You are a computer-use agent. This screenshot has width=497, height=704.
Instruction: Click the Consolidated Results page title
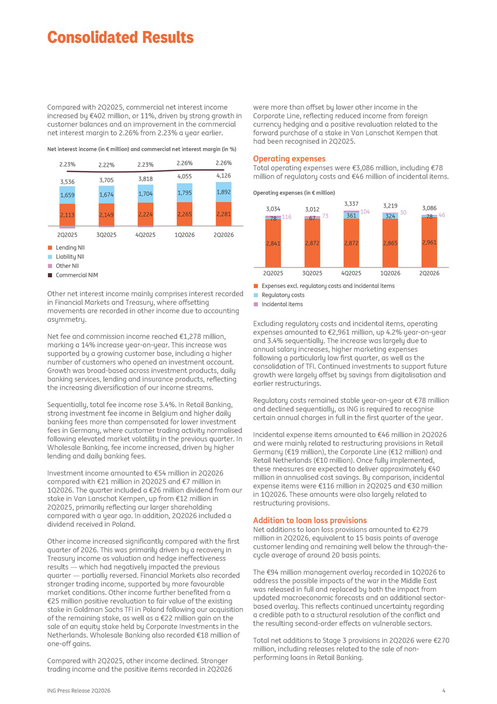(x=120, y=37)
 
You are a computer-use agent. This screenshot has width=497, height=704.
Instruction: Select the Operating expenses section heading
(x=289, y=159)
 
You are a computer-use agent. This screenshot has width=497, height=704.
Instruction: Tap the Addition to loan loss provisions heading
(x=310, y=520)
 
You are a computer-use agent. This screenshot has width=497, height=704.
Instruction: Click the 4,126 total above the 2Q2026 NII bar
(x=223, y=176)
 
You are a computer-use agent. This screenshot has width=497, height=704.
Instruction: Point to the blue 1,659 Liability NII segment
(x=67, y=195)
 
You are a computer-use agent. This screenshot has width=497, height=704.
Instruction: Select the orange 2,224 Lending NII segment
(x=146, y=214)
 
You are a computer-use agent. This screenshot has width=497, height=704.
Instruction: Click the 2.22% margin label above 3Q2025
(x=106, y=164)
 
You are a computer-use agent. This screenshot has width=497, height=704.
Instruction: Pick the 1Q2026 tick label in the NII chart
(x=185, y=235)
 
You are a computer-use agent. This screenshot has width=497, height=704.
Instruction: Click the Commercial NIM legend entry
(x=73, y=275)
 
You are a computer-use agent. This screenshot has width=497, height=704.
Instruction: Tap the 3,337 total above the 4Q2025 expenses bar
(x=351, y=204)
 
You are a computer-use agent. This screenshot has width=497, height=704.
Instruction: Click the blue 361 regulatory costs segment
(x=351, y=215)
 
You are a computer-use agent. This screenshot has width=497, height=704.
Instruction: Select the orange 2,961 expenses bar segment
(x=429, y=242)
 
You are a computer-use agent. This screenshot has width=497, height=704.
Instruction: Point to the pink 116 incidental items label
(x=287, y=217)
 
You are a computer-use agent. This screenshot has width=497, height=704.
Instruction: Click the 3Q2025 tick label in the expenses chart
(x=312, y=273)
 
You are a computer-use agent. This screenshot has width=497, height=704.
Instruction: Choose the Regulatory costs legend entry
(x=279, y=295)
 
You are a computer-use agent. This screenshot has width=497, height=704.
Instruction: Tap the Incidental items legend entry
(x=278, y=304)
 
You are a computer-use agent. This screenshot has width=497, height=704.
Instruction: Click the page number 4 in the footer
(x=444, y=691)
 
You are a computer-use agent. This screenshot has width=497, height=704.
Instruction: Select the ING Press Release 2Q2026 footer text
(x=79, y=691)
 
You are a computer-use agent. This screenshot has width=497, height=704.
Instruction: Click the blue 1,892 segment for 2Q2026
(x=223, y=192)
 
